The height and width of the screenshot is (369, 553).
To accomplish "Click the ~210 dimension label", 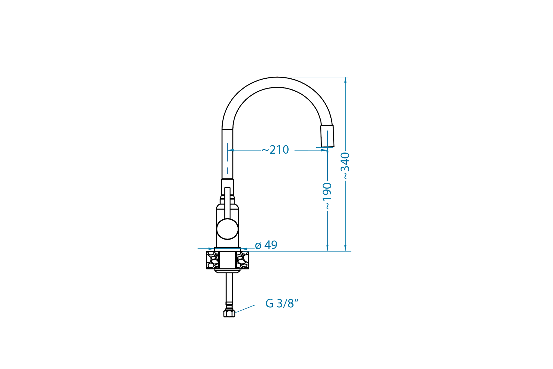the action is point(275,150).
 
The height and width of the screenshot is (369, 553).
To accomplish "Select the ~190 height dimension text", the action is point(327,196).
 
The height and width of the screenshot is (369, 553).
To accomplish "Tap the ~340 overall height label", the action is point(345,166).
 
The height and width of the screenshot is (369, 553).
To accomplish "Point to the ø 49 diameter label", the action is point(266,245).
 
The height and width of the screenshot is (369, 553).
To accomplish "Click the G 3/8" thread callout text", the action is point(282,303).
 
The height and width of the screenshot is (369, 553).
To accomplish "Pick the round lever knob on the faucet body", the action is point(228,229).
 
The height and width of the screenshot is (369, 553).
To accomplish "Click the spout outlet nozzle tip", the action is point(327,136).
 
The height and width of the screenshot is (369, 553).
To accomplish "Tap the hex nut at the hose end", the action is point(229,313).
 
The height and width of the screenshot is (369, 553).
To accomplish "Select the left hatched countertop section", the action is point(213,260).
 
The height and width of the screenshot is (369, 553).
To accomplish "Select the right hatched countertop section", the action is point(242,260).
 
